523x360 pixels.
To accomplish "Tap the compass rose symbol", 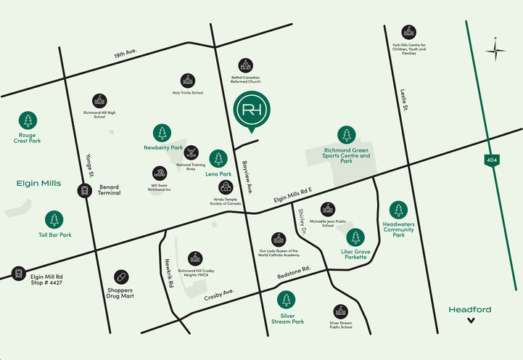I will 497,49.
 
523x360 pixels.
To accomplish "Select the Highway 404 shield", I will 493,158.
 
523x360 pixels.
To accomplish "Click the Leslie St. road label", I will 403,100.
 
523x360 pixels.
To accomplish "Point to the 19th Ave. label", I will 125,54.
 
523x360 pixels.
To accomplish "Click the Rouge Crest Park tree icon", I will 29,120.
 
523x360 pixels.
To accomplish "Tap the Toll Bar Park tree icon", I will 54,220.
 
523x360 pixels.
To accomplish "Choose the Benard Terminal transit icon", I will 85,191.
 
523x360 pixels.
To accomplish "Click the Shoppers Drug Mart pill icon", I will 122,277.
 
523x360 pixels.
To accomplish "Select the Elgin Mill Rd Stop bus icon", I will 17,274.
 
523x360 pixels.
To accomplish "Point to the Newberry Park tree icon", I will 162,134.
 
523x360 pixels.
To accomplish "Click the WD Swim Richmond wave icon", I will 160,173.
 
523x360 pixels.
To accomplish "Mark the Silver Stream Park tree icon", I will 287,300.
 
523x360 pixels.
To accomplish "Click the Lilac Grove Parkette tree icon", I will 355,237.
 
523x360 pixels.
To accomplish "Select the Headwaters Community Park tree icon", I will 398,210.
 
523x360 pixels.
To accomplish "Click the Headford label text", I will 470,310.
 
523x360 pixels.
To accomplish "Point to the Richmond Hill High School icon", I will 100,101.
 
